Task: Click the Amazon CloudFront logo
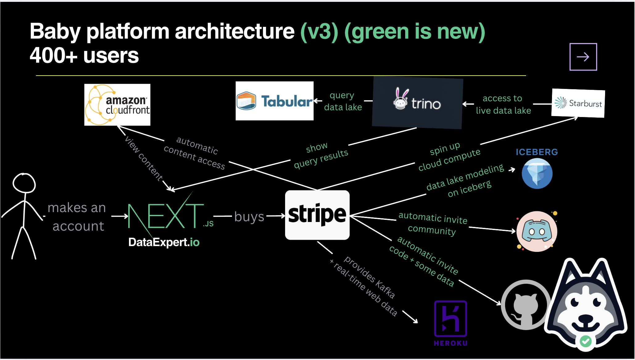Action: [x=117, y=105]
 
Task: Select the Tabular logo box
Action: [x=274, y=101]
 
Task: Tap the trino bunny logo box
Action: [x=417, y=103]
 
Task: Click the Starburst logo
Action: [x=578, y=103]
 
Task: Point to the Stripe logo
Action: [x=317, y=215]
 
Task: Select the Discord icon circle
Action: [x=537, y=232]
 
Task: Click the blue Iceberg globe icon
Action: [x=537, y=174]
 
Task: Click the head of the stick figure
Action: [x=24, y=183]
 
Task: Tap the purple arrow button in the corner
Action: [x=583, y=57]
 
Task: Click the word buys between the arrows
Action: [x=249, y=216]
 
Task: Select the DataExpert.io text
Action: [x=164, y=242]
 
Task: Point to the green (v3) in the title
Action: [x=319, y=31]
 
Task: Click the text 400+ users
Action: [x=84, y=56]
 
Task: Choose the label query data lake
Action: [x=342, y=101]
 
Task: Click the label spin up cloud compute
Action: [x=449, y=156]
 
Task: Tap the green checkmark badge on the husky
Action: [x=585, y=341]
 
